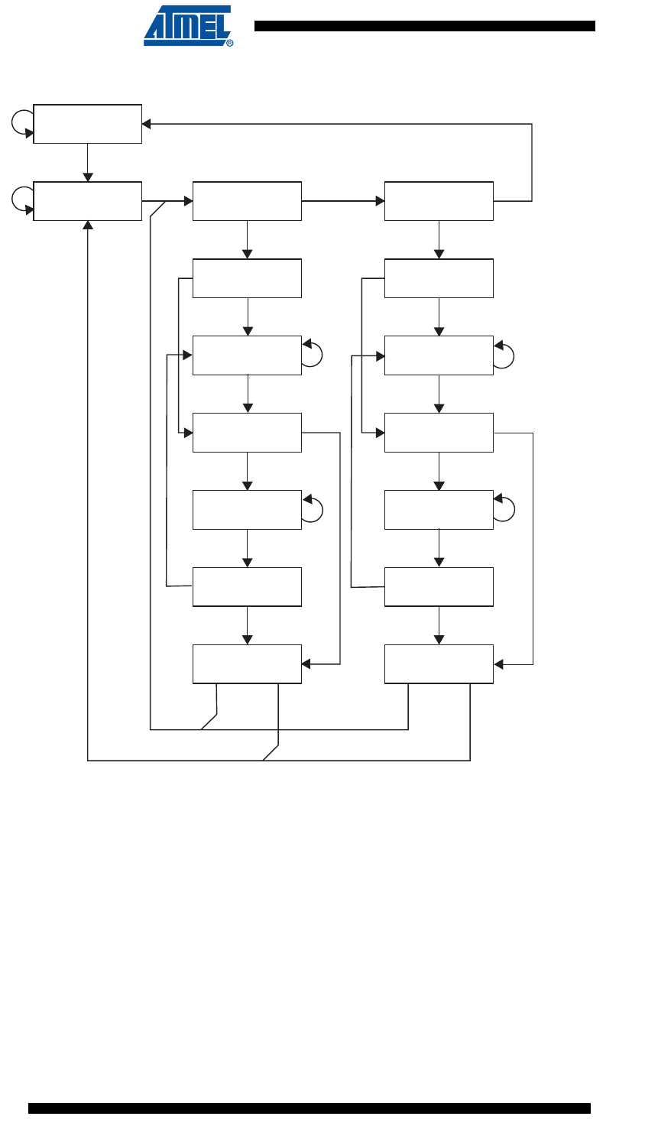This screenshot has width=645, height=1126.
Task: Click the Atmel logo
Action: [187, 26]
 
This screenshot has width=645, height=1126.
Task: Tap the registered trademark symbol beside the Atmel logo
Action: [230, 43]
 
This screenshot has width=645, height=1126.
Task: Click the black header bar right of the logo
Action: [424, 26]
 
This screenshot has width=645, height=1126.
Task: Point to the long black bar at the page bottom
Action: [310, 1108]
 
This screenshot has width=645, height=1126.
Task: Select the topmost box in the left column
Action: [88, 124]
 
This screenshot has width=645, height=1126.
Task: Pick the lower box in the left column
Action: [88, 201]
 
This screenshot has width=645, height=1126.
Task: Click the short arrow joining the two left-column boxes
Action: [88, 162]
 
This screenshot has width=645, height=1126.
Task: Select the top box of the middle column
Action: [247, 201]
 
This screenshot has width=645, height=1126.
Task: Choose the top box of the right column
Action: [439, 201]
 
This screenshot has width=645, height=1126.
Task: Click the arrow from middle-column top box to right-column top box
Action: [343, 201]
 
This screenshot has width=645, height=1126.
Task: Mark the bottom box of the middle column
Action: [247, 664]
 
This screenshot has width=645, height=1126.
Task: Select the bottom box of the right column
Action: [439, 664]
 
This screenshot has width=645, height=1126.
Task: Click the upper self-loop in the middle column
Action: [313, 355]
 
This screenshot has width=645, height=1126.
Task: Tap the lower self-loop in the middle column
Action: [313, 509]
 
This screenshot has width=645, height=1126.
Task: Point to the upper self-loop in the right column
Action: [505, 355]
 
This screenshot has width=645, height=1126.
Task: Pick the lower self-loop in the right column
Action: [505, 509]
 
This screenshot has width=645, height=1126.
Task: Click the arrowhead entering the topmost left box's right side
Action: [147, 124]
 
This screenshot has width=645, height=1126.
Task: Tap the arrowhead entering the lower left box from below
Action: [88, 226]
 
